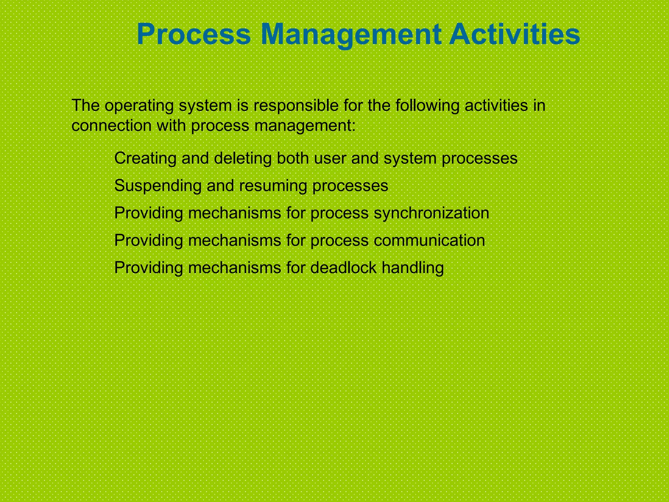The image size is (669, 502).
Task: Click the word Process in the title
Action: click(194, 35)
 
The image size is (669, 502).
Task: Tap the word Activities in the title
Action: click(514, 35)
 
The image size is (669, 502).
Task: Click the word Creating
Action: click(145, 158)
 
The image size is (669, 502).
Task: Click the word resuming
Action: click(273, 186)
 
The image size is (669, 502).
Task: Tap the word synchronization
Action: click(431, 213)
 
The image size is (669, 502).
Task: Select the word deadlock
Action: click(343, 268)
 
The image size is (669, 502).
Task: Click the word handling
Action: click(413, 268)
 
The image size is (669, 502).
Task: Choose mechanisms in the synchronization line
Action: click(235, 213)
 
